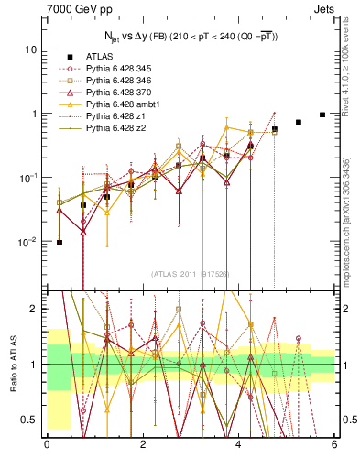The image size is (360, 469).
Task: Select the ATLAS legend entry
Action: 101,56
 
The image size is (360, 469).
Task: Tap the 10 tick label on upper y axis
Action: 31,49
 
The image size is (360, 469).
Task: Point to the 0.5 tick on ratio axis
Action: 29,420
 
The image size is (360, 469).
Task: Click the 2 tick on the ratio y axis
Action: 35,309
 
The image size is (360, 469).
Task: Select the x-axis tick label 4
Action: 239,446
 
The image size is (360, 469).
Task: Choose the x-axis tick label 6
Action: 334,446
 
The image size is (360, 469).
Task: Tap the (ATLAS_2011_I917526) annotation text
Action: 190,274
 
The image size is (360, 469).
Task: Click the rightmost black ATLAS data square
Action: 322,115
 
